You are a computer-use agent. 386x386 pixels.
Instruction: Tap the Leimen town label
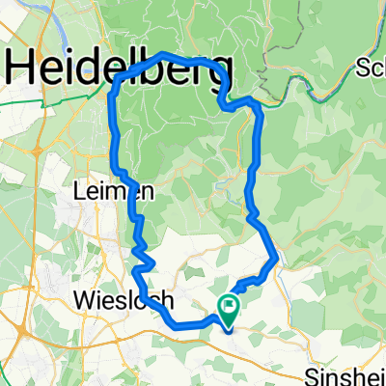click(104, 193)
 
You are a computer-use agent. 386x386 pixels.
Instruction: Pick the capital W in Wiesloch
click(84, 300)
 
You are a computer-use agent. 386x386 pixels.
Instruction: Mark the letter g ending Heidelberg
click(220, 73)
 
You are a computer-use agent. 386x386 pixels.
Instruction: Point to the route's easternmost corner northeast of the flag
click(277, 257)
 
